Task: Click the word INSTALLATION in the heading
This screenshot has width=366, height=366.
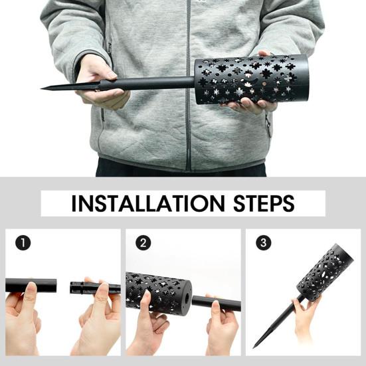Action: (148, 203)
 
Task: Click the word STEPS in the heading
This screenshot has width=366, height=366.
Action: (264, 203)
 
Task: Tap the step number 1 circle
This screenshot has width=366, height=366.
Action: (23, 242)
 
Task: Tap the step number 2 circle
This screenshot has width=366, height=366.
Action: (143, 242)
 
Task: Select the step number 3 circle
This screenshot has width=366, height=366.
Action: (264, 242)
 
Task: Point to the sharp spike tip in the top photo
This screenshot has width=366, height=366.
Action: (42, 88)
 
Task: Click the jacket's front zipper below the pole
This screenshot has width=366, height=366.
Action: (188, 131)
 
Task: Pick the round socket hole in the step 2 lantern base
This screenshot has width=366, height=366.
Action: (187, 297)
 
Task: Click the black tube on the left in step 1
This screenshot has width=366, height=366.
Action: (31, 285)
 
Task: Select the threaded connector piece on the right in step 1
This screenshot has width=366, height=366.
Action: (95, 288)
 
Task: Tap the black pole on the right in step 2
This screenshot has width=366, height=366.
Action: (216, 303)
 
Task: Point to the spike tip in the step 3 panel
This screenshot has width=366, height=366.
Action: (254, 347)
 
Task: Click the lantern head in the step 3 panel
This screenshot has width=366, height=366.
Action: (325, 272)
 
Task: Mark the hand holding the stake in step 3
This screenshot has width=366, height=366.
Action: (306, 315)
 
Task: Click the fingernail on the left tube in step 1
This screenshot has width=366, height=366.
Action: (31, 287)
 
